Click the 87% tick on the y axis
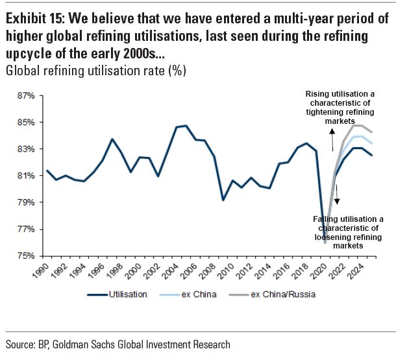pos(24,95)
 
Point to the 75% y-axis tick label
pos(24,256)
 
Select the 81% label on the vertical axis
pos(24,176)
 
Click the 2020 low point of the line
pos(325,243)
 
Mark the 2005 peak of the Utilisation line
pos(186,126)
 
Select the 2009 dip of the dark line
pos(223,200)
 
